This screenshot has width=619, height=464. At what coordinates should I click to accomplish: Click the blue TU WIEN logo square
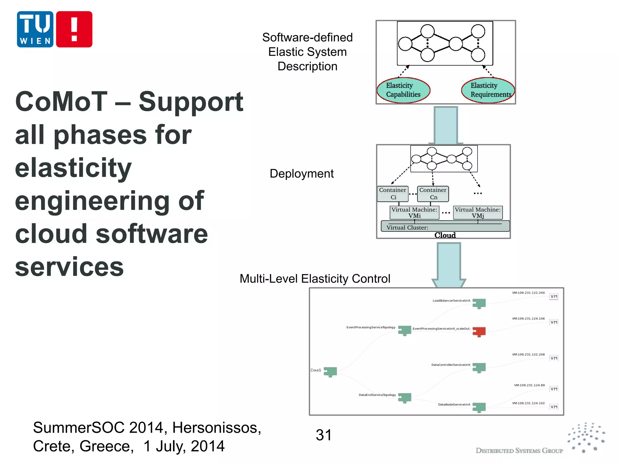[x=35, y=29]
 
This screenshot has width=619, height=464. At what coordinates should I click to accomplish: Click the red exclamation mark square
[x=74, y=29]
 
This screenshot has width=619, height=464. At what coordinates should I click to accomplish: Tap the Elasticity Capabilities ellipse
[x=403, y=90]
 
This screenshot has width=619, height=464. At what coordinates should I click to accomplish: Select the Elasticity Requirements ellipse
[x=488, y=90]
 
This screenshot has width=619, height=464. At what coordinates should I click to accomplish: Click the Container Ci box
[x=393, y=194]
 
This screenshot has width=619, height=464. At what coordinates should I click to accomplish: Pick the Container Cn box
[x=433, y=194]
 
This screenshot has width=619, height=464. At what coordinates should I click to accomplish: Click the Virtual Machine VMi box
[x=414, y=213]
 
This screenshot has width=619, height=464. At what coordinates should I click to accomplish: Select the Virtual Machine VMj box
[x=478, y=213]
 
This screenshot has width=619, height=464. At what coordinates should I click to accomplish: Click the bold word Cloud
[x=445, y=235]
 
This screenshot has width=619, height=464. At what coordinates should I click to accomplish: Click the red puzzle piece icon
[x=479, y=332]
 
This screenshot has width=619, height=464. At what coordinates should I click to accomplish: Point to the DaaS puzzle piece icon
[x=330, y=372]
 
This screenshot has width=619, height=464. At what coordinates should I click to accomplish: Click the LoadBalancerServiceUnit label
[x=451, y=301]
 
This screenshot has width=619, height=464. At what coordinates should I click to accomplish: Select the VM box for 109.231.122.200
[x=554, y=297]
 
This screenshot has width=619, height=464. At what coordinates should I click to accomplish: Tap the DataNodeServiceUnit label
[x=454, y=404]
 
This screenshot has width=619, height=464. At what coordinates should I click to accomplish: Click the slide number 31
[x=323, y=435]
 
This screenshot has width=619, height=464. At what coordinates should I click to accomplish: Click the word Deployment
[x=302, y=174]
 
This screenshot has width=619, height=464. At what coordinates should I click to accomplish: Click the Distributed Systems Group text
[x=519, y=451]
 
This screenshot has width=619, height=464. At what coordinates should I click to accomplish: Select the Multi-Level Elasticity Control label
[x=315, y=279]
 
